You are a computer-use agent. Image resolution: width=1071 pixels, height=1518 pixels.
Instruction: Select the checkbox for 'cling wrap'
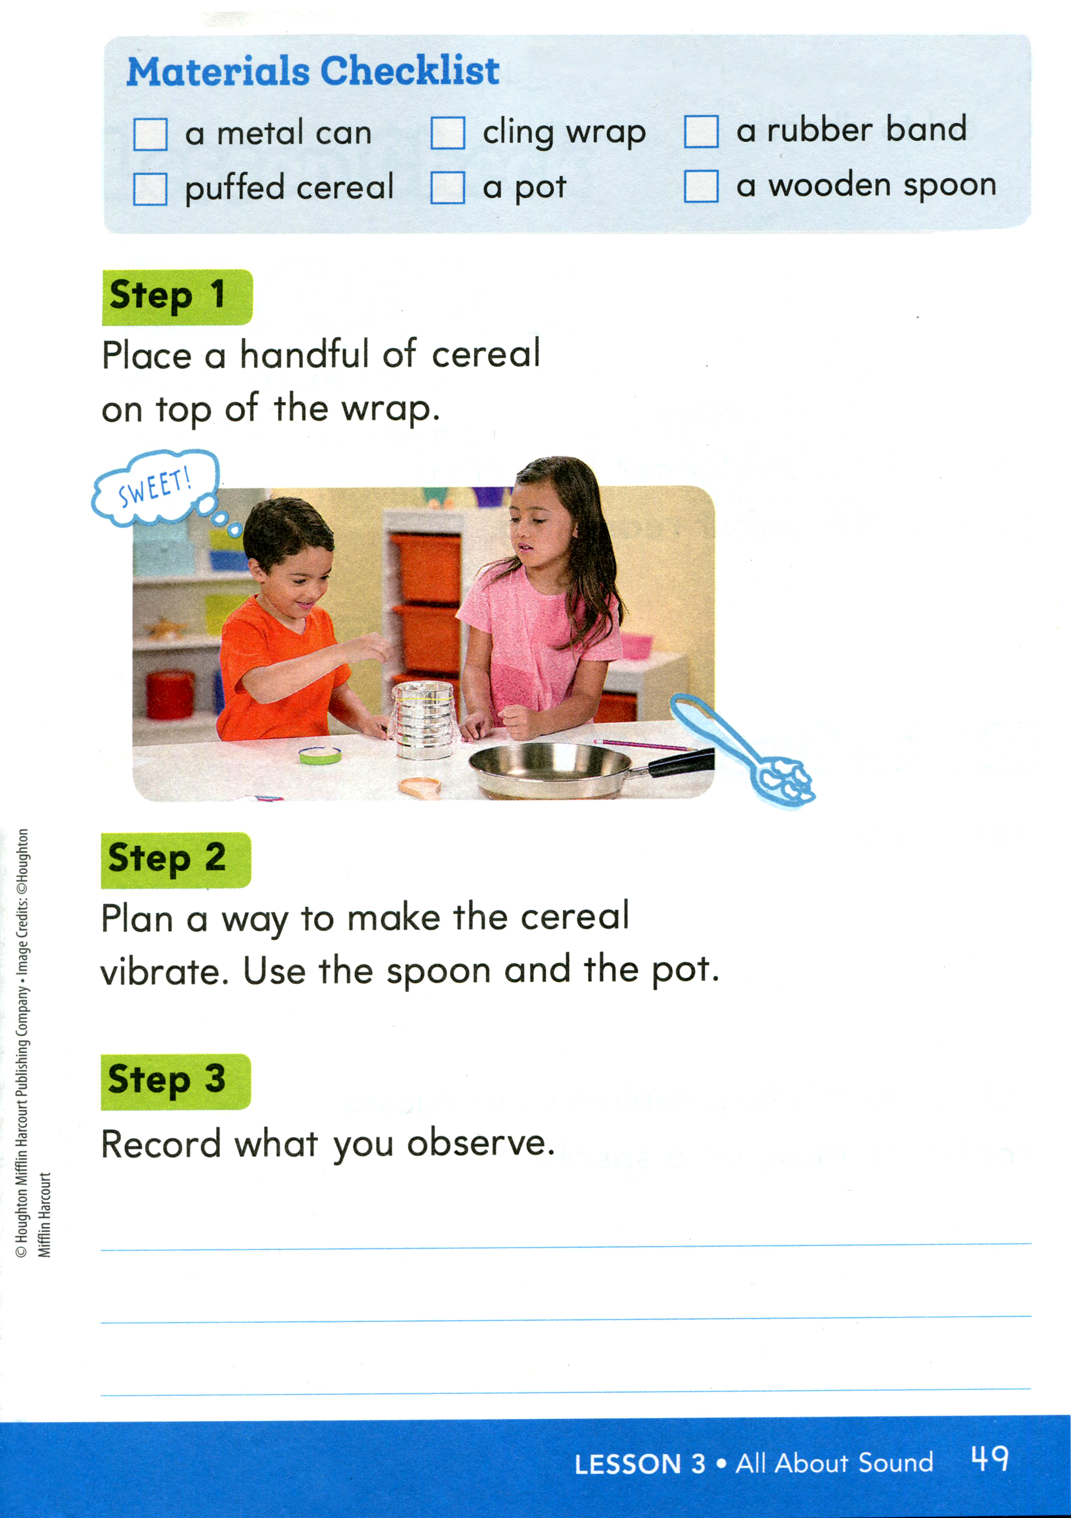[448, 133]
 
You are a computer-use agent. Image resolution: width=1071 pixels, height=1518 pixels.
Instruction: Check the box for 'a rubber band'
[701, 131]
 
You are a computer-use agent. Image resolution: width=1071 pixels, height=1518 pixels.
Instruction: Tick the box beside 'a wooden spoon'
[701, 186]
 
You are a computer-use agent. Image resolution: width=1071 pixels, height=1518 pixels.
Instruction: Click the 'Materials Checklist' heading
[313, 71]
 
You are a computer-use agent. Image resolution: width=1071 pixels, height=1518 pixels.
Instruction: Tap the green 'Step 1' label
[177, 297]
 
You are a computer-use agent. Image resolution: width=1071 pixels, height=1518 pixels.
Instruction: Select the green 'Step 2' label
[176, 860]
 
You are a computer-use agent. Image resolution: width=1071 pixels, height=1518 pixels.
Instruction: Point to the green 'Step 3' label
[176, 1082]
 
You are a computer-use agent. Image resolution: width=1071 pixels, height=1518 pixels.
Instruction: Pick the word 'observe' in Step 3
[481, 1143]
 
